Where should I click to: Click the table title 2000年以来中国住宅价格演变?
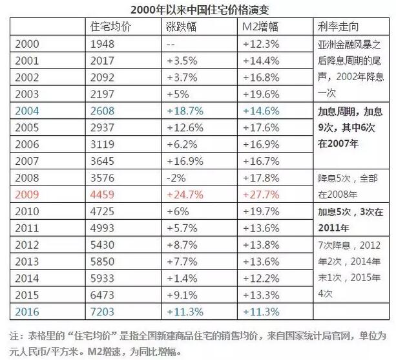pyautogui.click(x=198, y=9)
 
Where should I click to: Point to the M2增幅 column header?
pyautogui.click(x=261, y=26)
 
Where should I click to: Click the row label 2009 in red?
pyautogui.click(x=26, y=193)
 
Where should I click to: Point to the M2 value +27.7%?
pyautogui.click(x=262, y=193)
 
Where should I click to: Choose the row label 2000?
pyautogui.click(x=26, y=44)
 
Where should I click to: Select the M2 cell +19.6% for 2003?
pyautogui.click(x=262, y=94)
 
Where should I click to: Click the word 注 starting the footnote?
pyautogui.click(x=15, y=337)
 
